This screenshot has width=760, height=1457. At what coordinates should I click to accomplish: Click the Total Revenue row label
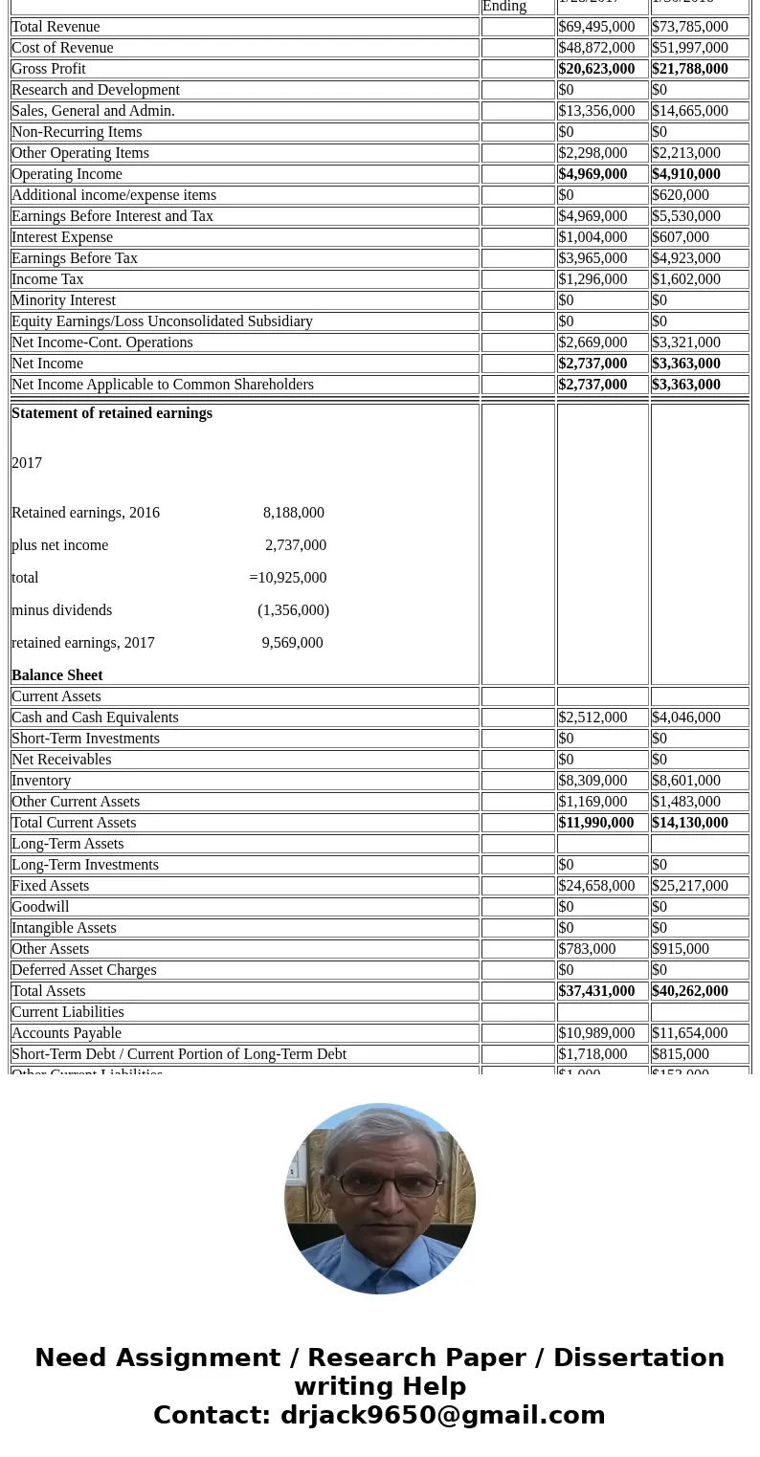56,27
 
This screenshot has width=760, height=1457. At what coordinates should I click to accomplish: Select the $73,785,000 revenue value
689,27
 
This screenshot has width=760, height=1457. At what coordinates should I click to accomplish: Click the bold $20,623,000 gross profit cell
596,69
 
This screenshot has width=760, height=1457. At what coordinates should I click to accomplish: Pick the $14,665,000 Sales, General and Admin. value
689,111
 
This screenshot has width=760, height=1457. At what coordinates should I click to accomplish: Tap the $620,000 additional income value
681,195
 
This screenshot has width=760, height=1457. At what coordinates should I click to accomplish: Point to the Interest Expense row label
62,237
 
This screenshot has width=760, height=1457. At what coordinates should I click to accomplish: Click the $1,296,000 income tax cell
592,279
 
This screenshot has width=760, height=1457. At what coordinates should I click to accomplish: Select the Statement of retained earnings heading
112,413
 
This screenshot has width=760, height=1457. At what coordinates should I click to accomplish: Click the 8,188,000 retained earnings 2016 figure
293,513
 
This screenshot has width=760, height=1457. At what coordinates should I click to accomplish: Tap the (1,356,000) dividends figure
293,610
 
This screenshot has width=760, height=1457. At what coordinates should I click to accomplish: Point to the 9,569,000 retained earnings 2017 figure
292,643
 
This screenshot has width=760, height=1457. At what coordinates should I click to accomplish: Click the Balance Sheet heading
57,675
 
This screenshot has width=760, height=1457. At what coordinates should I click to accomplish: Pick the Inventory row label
41,781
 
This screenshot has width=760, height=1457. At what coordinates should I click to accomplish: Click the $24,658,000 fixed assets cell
596,886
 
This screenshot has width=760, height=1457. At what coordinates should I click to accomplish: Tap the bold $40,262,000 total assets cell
689,991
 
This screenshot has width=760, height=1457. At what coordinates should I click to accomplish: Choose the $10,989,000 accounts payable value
596,1033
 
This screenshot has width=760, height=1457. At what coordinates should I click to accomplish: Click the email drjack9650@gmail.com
442,1415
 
